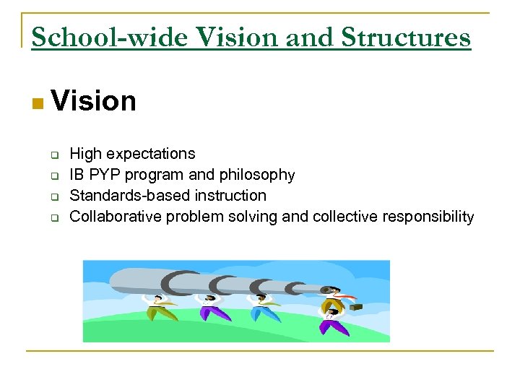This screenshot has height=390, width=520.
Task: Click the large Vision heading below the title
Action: (x=94, y=102)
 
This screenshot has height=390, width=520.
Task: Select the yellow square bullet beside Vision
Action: (x=38, y=104)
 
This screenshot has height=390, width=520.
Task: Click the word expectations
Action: (x=149, y=154)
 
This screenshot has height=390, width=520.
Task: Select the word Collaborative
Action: (x=116, y=217)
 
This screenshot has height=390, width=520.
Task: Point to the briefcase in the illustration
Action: (x=355, y=306)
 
